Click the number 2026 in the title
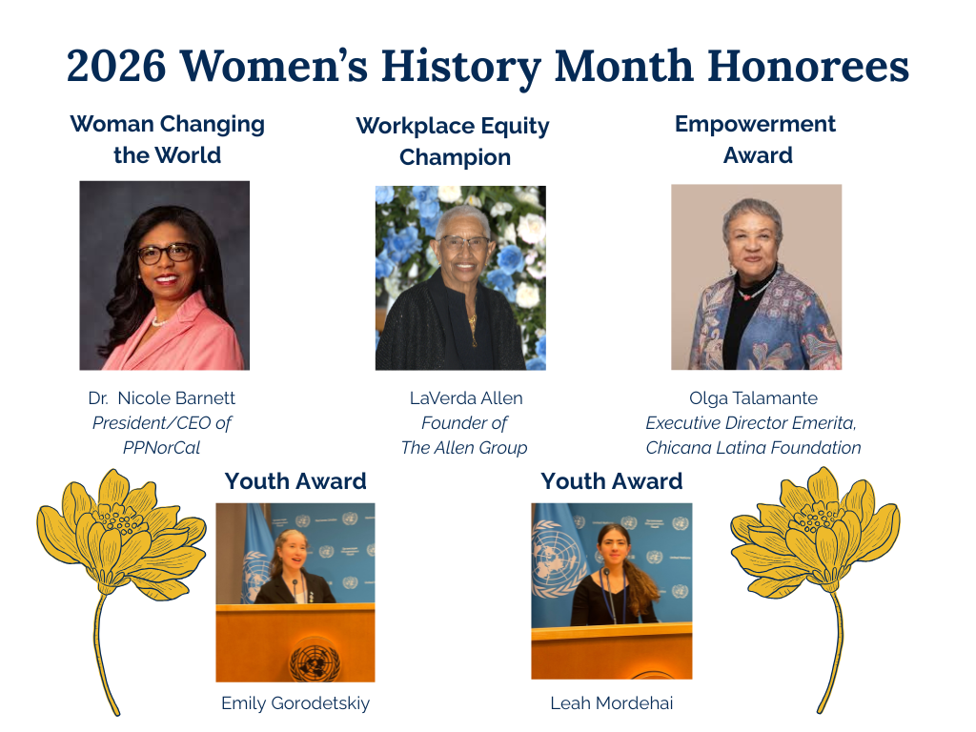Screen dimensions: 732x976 click(116, 67)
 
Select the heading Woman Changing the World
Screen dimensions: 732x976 click(167, 139)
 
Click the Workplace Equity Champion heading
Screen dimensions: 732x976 click(453, 141)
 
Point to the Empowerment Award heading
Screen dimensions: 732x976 click(755, 139)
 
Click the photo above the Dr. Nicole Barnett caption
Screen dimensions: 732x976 click(164, 274)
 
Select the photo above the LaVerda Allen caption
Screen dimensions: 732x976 click(460, 277)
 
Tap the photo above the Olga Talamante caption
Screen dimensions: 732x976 click(756, 276)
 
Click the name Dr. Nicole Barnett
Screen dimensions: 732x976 click(163, 397)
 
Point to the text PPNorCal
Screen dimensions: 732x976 click(162, 447)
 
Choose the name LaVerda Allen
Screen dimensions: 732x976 click(466, 397)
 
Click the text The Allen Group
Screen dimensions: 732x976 click(464, 447)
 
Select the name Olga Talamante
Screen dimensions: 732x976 click(753, 397)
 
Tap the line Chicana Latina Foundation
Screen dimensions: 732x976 click(753, 447)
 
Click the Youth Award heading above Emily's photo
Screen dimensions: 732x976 click(295, 481)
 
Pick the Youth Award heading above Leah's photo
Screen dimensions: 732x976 click(611, 481)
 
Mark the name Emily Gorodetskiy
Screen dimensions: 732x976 click(295, 703)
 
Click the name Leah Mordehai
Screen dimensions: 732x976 click(612, 703)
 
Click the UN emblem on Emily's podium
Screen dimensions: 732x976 click(315, 661)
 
